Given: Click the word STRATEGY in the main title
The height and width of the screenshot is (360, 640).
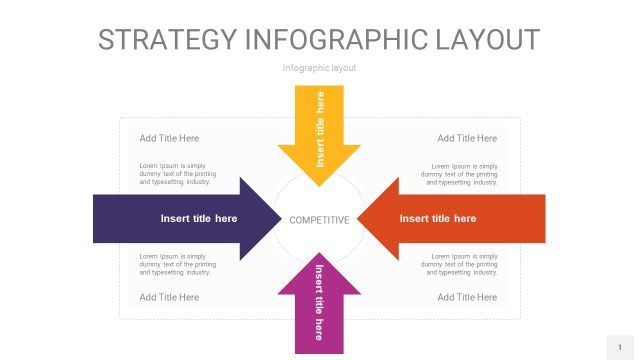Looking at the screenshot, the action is tap(168, 40).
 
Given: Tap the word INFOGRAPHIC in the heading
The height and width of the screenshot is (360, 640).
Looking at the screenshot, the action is tap(336, 40).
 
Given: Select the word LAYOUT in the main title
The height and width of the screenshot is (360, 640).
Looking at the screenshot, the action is tap(488, 40).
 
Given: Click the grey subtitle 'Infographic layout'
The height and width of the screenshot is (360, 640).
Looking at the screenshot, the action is tap(319, 68).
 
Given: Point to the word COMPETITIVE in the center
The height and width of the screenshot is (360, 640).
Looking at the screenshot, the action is tap(319, 220).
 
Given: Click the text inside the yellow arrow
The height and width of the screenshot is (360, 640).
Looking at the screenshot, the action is tap(320, 129).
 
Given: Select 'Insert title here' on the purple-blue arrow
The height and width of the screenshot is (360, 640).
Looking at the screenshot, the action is tap(199, 218).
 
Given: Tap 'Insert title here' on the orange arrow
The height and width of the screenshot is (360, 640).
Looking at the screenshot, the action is tap(438, 218).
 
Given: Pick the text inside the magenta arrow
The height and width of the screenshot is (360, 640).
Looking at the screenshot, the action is tap(319, 302).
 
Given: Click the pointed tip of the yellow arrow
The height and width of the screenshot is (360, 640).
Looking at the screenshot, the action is tap(319, 186).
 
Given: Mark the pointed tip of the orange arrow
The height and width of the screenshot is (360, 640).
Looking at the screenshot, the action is tap(358, 219).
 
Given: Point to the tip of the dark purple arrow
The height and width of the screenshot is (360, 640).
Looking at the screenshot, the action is tap(281, 219).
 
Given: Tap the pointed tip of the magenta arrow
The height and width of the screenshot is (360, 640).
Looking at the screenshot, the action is tap(319, 253).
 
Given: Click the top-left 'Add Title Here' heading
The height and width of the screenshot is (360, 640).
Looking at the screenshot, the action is tap(169, 138).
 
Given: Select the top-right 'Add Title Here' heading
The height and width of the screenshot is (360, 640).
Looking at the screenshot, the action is tap(467, 138).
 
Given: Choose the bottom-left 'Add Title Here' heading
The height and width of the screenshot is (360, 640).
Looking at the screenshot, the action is tap(169, 297).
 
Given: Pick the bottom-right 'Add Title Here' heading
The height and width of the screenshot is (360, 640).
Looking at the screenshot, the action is tap(467, 297).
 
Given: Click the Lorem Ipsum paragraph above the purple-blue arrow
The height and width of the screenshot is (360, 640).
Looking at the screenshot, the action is tap(178, 174).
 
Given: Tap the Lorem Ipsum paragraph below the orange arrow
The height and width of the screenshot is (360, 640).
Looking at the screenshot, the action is tap(459, 264).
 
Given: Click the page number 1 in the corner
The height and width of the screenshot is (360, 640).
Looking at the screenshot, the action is tap(620, 347).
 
